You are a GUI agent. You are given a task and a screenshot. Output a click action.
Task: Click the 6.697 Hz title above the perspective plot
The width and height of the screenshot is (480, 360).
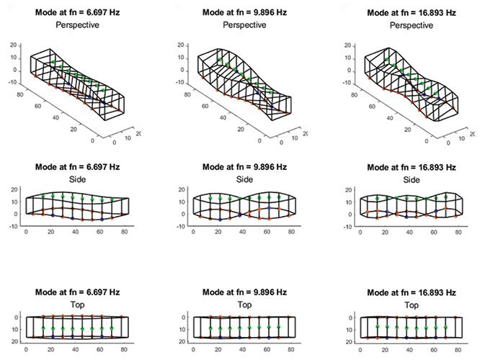pos(80,12)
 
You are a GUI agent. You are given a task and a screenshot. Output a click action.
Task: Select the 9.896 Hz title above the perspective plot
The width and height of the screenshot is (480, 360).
pos(241,12)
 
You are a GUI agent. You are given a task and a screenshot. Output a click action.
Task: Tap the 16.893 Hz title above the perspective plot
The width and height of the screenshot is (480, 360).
pos(411,12)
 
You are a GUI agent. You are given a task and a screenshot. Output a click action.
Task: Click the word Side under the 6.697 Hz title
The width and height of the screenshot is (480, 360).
pos(80,179)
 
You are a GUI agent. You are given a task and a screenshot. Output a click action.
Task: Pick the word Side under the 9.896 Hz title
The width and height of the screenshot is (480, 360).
pos(241,179)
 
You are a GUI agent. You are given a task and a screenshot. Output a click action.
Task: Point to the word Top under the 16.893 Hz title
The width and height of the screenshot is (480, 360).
pos(411,305)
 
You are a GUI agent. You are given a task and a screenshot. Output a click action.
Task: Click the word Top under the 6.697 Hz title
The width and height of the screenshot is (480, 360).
pos(80,305)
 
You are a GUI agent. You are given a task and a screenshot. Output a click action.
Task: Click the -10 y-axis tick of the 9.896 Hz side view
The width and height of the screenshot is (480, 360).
pos(179,225)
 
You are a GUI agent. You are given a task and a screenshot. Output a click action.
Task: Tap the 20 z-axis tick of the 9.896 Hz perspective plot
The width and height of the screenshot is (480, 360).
pos(180,44)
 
